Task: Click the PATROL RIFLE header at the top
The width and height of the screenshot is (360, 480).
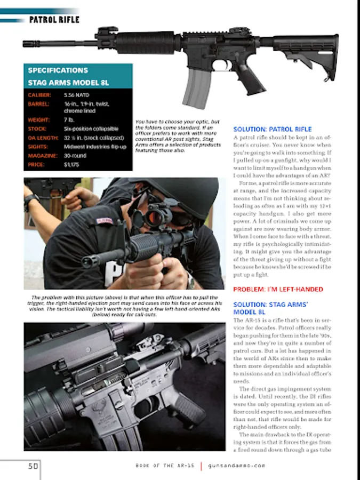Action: point(54,20)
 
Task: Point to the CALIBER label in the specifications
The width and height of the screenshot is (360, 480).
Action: point(40,95)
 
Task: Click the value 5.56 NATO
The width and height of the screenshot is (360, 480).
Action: point(76,95)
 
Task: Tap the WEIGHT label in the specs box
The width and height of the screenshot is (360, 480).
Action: point(39,120)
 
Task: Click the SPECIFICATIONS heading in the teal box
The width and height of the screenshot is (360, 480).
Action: point(58,70)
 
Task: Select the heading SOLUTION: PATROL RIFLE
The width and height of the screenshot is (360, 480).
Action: point(273,129)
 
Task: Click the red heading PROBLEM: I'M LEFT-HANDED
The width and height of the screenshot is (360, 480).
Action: point(278,290)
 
